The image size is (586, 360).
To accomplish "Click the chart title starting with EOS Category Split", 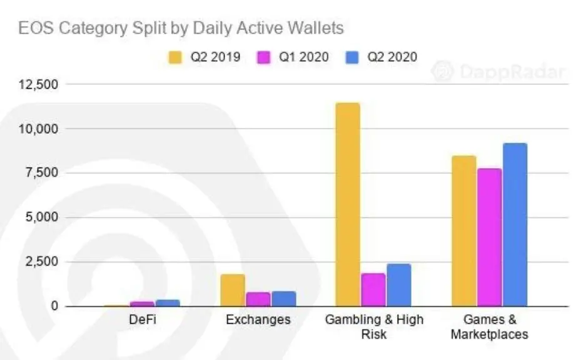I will tap(181, 28).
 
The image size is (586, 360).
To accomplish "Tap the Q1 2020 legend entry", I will tap(295, 57).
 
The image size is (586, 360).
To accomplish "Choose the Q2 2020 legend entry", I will tap(382, 57).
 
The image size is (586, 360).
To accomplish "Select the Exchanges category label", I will tap(258, 320).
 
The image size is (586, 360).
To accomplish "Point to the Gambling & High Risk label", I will tap(374, 326).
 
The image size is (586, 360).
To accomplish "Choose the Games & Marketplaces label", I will tap(490, 326).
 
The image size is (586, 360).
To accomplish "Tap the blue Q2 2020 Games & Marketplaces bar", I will tap(515, 225).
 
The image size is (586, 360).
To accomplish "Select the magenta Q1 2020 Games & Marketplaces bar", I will tap(489, 237).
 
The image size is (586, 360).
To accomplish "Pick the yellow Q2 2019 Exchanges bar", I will tap(233, 290).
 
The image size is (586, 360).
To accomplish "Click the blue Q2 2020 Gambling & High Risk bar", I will tap(399, 285).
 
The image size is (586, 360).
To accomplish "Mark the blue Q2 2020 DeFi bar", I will tap(168, 303).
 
